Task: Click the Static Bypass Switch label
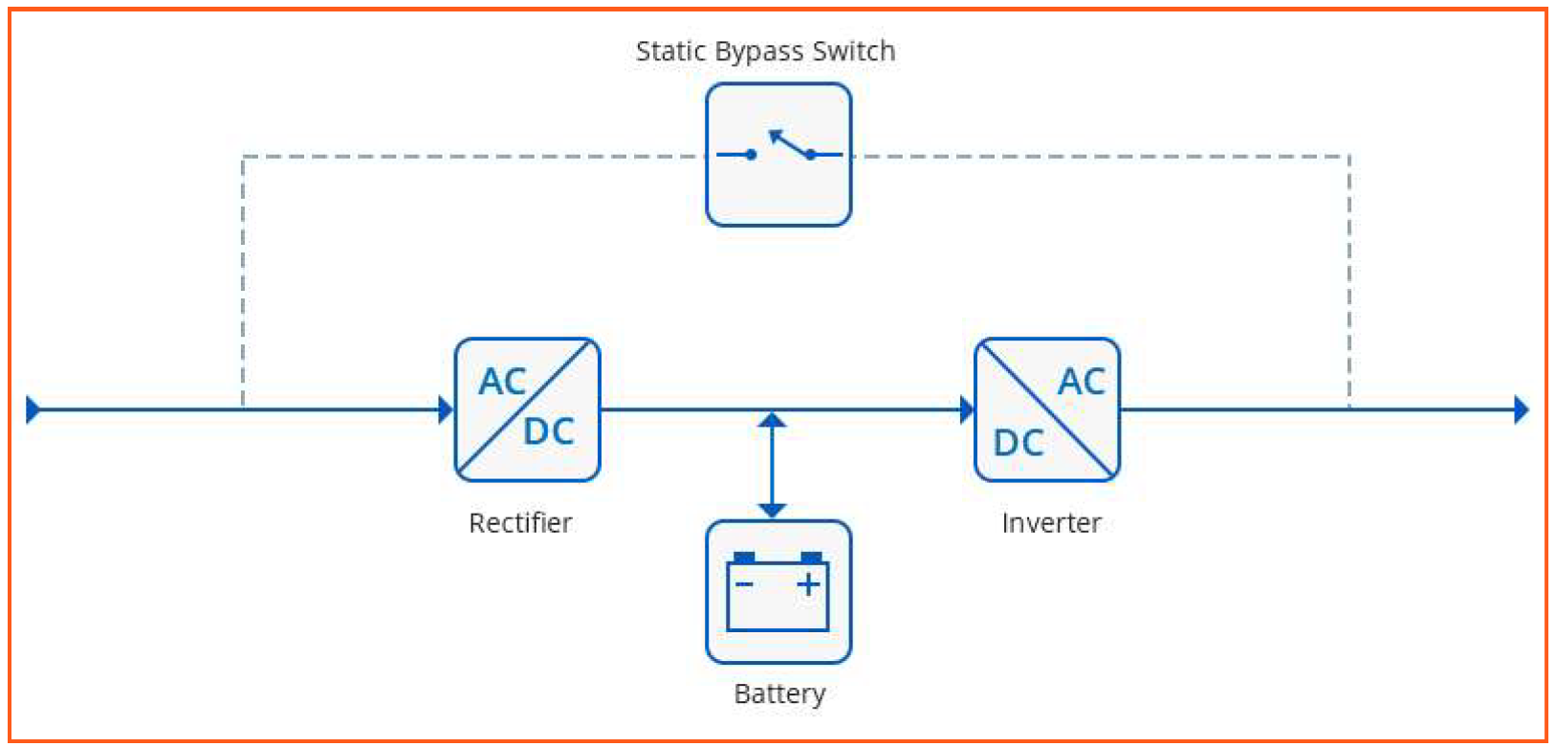pyautogui.click(x=765, y=51)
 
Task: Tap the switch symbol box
pyautogui.click(x=778, y=155)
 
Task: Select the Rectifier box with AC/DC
pyautogui.click(x=527, y=409)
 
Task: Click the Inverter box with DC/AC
pyautogui.click(x=1047, y=409)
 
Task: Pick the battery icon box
pyautogui.click(x=778, y=592)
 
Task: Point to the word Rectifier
pyautogui.click(x=520, y=523)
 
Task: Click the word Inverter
pyautogui.click(x=1051, y=523)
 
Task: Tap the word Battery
pyautogui.click(x=779, y=693)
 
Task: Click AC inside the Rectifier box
pyautogui.click(x=502, y=383)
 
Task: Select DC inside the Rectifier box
pyautogui.click(x=549, y=432)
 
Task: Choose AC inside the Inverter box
pyautogui.click(x=1082, y=383)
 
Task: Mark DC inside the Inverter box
pyautogui.click(x=1018, y=443)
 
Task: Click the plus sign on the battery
pyautogui.click(x=809, y=583)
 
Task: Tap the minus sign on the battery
pyautogui.click(x=744, y=583)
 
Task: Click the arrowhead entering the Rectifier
pyautogui.click(x=446, y=409)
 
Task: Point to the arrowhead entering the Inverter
pyautogui.click(x=967, y=409)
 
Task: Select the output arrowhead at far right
pyautogui.click(x=1522, y=409)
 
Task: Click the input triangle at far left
pyautogui.click(x=33, y=409)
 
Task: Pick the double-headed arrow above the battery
pyautogui.click(x=773, y=465)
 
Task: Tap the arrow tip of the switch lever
pyautogui.click(x=775, y=135)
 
